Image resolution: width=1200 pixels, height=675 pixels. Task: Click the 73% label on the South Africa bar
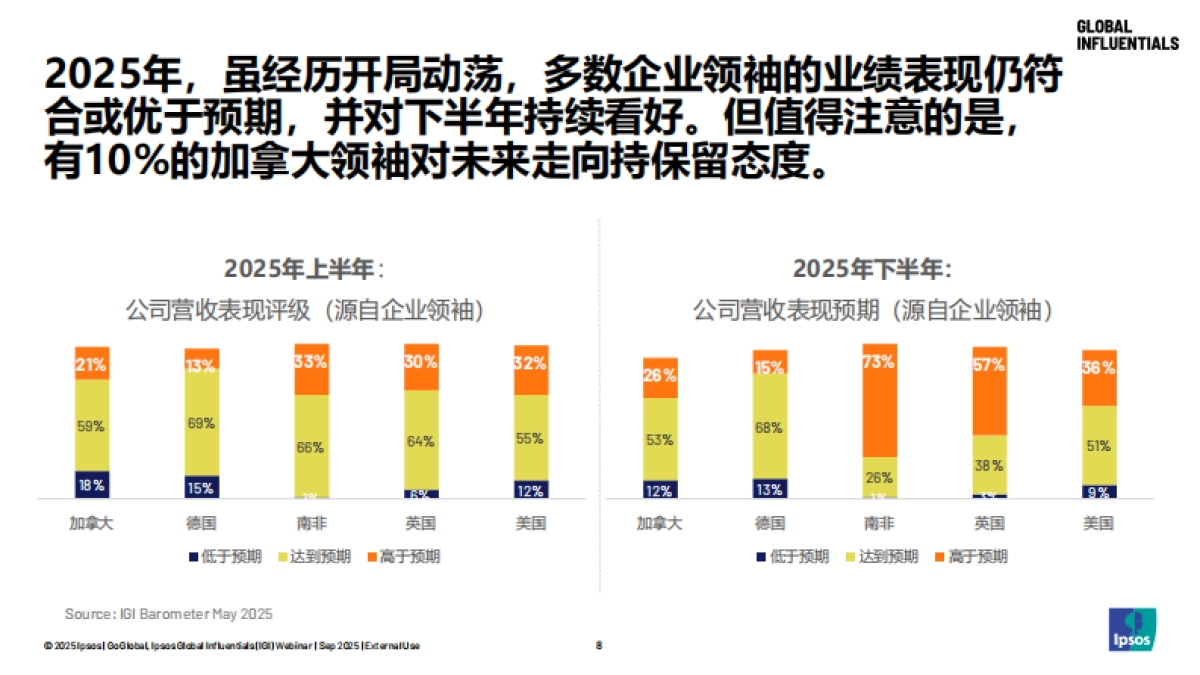tap(878, 363)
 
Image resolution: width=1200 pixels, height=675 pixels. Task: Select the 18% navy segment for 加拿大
tap(92, 484)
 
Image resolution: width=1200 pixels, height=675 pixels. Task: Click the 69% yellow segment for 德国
tap(201, 424)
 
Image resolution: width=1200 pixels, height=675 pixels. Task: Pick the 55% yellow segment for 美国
tap(531, 438)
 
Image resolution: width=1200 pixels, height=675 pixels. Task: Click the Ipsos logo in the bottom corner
tap(1132, 630)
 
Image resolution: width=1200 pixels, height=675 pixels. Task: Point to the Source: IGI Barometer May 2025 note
tap(168, 613)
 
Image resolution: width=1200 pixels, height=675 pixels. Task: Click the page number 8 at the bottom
tap(599, 645)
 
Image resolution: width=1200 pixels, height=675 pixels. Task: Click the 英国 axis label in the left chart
tap(421, 523)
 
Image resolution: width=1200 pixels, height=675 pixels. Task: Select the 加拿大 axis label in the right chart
tap(659, 523)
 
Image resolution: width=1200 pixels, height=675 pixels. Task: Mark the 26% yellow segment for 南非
tap(878, 477)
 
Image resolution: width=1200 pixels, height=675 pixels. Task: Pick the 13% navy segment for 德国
tap(769, 488)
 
